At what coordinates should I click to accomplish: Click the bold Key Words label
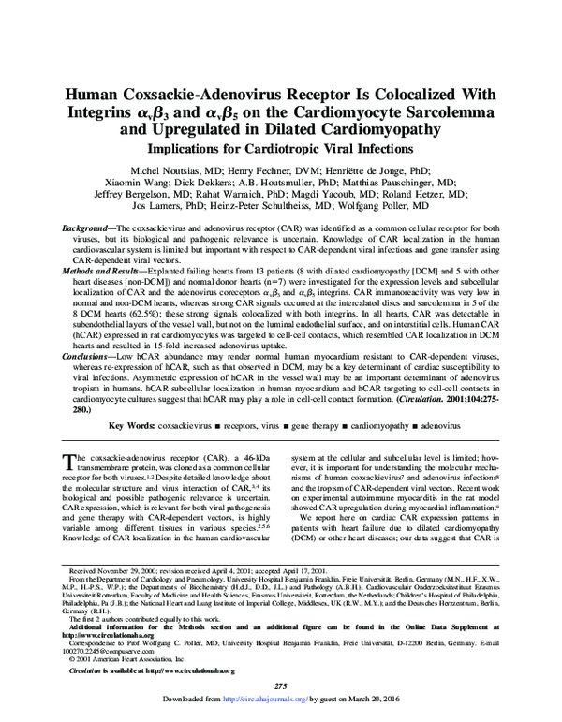pos(131,425)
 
